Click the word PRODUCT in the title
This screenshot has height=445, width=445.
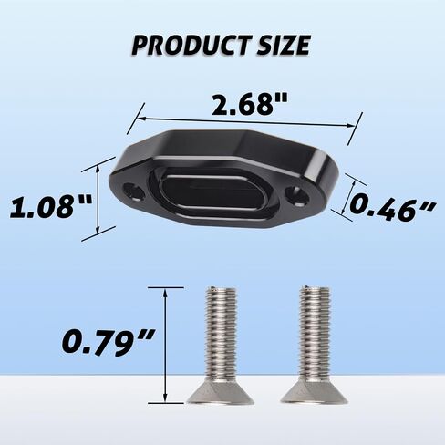point(188,46)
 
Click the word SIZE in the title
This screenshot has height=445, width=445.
point(283,45)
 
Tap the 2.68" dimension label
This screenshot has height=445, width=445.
point(249,105)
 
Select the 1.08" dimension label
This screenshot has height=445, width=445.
point(50,207)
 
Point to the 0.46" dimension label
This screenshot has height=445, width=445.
point(393,208)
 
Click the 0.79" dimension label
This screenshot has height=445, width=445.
point(108,342)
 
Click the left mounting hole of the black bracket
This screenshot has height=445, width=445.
point(134,191)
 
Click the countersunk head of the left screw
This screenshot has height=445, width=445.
point(220,392)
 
